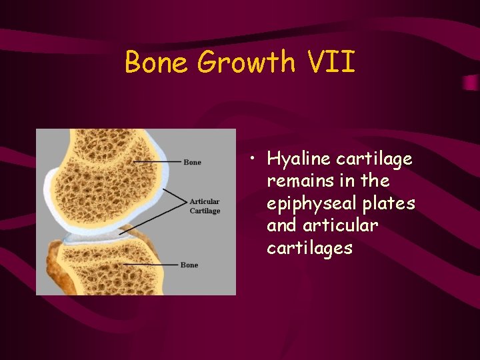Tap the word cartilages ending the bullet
click(x=309, y=248)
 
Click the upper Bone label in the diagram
click(x=192, y=162)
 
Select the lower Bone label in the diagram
click(x=189, y=265)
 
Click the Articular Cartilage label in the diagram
click(x=205, y=206)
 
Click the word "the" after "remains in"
click(x=376, y=181)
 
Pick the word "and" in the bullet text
click(x=281, y=226)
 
